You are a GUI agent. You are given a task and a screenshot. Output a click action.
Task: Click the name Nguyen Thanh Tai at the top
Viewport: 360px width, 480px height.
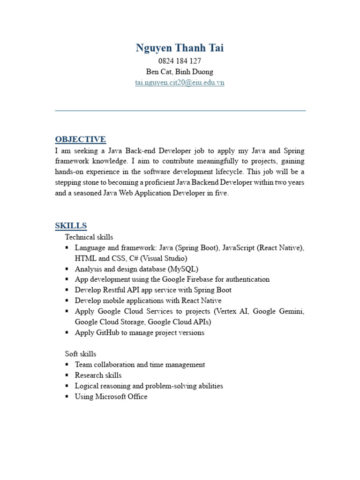click(x=180, y=48)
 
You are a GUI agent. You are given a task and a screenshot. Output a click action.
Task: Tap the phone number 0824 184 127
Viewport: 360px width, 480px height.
click(x=180, y=61)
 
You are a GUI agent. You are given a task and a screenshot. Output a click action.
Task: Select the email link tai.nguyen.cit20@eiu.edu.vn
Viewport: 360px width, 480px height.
click(x=180, y=82)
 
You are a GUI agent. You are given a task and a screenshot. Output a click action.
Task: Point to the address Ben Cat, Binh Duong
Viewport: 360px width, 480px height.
click(x=180, y=72)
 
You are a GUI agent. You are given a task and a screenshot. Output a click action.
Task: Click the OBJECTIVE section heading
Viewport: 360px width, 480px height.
click(x=80, y=139)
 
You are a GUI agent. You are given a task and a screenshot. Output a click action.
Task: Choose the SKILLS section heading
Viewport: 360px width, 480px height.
click(x=71, y=225)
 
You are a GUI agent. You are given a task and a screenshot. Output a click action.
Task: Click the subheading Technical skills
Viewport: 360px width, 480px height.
click(x=89, y=237)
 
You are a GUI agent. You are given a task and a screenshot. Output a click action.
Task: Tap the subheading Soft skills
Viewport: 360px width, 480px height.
click(x=81, y=353)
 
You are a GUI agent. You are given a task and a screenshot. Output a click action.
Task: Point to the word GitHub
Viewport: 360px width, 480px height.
click(x=109, y=333)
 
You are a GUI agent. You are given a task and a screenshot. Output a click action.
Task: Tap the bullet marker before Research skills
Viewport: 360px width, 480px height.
click(x=67, y=375)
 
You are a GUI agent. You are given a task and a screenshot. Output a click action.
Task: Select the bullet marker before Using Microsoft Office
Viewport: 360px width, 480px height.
click(x=67, y=397)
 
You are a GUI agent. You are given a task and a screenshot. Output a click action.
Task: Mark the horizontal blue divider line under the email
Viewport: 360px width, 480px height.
click(x=180, y=111)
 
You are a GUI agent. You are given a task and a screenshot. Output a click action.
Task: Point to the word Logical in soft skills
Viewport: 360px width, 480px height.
click(x=88, y=386)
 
